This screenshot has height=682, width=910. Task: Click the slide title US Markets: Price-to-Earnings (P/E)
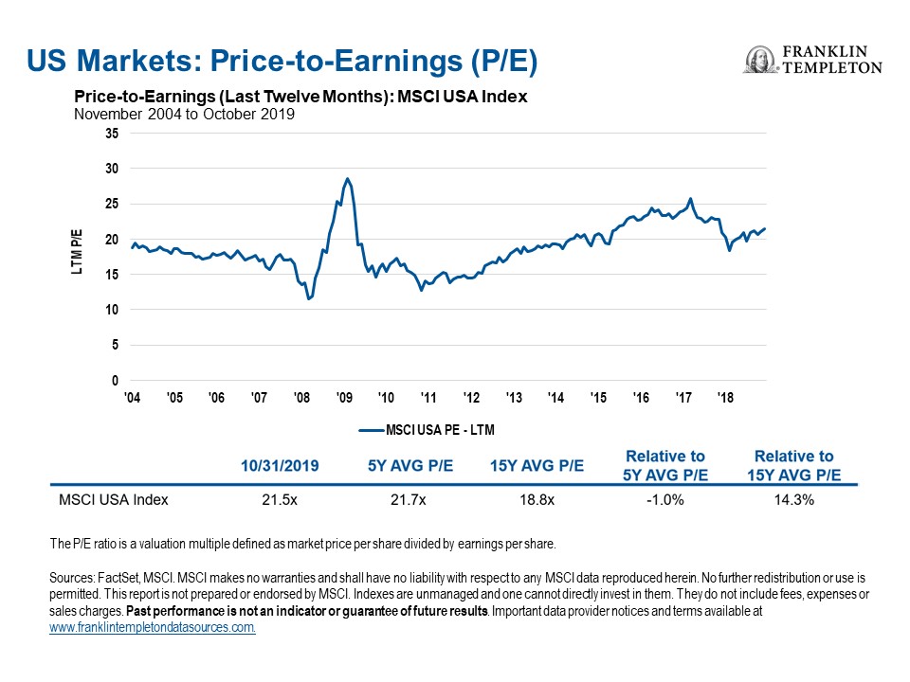(282, 62)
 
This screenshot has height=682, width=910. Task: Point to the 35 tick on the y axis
(112, 134)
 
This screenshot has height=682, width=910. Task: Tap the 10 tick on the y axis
(112, 311)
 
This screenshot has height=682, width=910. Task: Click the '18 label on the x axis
(725, 398)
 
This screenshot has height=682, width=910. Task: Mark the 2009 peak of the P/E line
(347, 178)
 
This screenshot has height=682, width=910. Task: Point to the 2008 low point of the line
(308, 299)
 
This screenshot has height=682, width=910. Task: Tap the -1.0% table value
(666, 499)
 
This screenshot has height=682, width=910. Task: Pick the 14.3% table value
(793, 499)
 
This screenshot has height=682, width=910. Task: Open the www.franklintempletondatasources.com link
(153, 627)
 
